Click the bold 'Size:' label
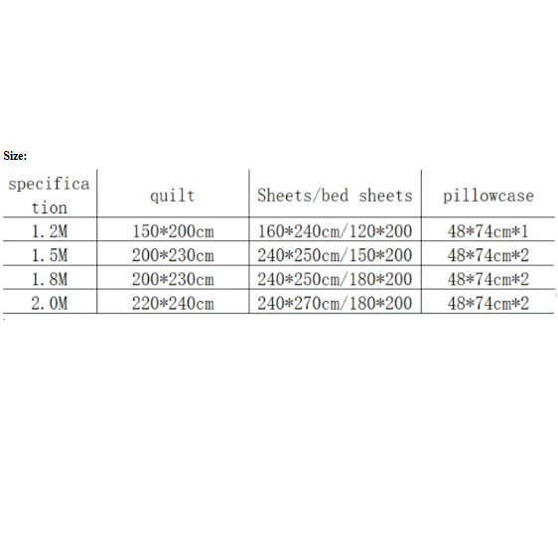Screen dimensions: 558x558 [x=15, y=156]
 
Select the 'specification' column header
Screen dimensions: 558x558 [x=49, y=196]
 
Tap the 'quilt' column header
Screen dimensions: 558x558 [x=173, y=196]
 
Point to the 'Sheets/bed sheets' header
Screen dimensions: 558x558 [x=335, y=196]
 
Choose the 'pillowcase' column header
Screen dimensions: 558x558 [x=488, y=196]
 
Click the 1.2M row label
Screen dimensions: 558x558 [x=50, y=231]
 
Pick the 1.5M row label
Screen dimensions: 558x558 [x=50, y=255]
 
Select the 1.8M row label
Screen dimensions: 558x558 [x=50, y=279]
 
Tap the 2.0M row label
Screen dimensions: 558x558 [x=50, y=304]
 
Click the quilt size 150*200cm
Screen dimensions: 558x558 [x=174, y=231]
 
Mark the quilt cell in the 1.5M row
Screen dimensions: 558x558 [x=174, y=255]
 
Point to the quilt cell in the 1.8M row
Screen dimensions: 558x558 [x=174, y=279]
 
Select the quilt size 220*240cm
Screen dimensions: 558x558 [x=174, y=304]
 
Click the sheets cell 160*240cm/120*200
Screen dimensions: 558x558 [x=335, y=231]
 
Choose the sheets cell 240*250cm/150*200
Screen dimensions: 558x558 [x=335, y=255]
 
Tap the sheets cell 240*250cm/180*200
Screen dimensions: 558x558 [x=335, y=279]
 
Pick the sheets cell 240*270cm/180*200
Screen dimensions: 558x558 [x=335, y=304]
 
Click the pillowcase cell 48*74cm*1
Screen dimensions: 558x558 [x=488, y=231]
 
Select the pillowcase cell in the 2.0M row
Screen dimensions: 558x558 [x=488, y=304]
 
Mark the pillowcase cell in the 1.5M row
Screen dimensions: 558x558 [x=488, y=255]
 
